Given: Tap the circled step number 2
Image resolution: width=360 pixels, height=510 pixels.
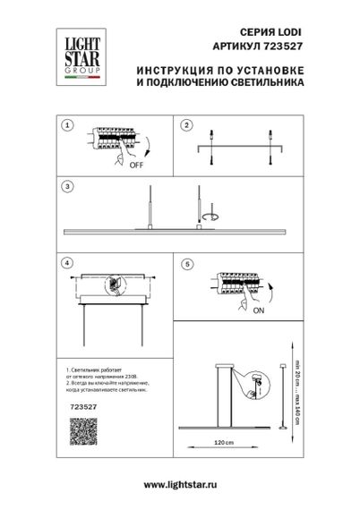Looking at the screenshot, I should click(187, 126).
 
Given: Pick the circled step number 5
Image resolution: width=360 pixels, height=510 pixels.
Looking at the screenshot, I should click(187, 266).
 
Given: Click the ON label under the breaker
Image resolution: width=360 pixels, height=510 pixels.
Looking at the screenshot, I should click(258, 310).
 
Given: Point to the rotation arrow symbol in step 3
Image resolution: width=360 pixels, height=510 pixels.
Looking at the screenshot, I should click(210, 217).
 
